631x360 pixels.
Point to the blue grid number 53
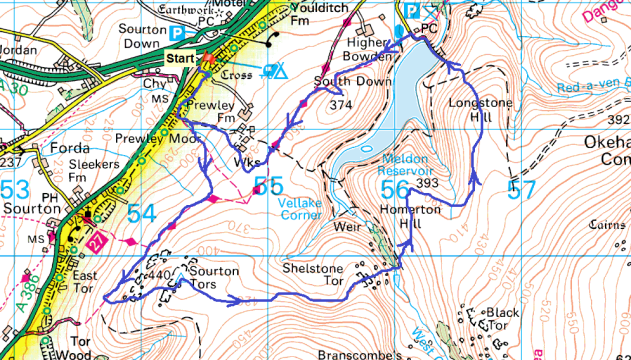tap(15, 188)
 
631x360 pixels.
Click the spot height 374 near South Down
tap(340, 104)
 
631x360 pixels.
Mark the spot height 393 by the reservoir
tap(429, 183)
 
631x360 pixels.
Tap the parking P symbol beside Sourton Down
tap(177, 33)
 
